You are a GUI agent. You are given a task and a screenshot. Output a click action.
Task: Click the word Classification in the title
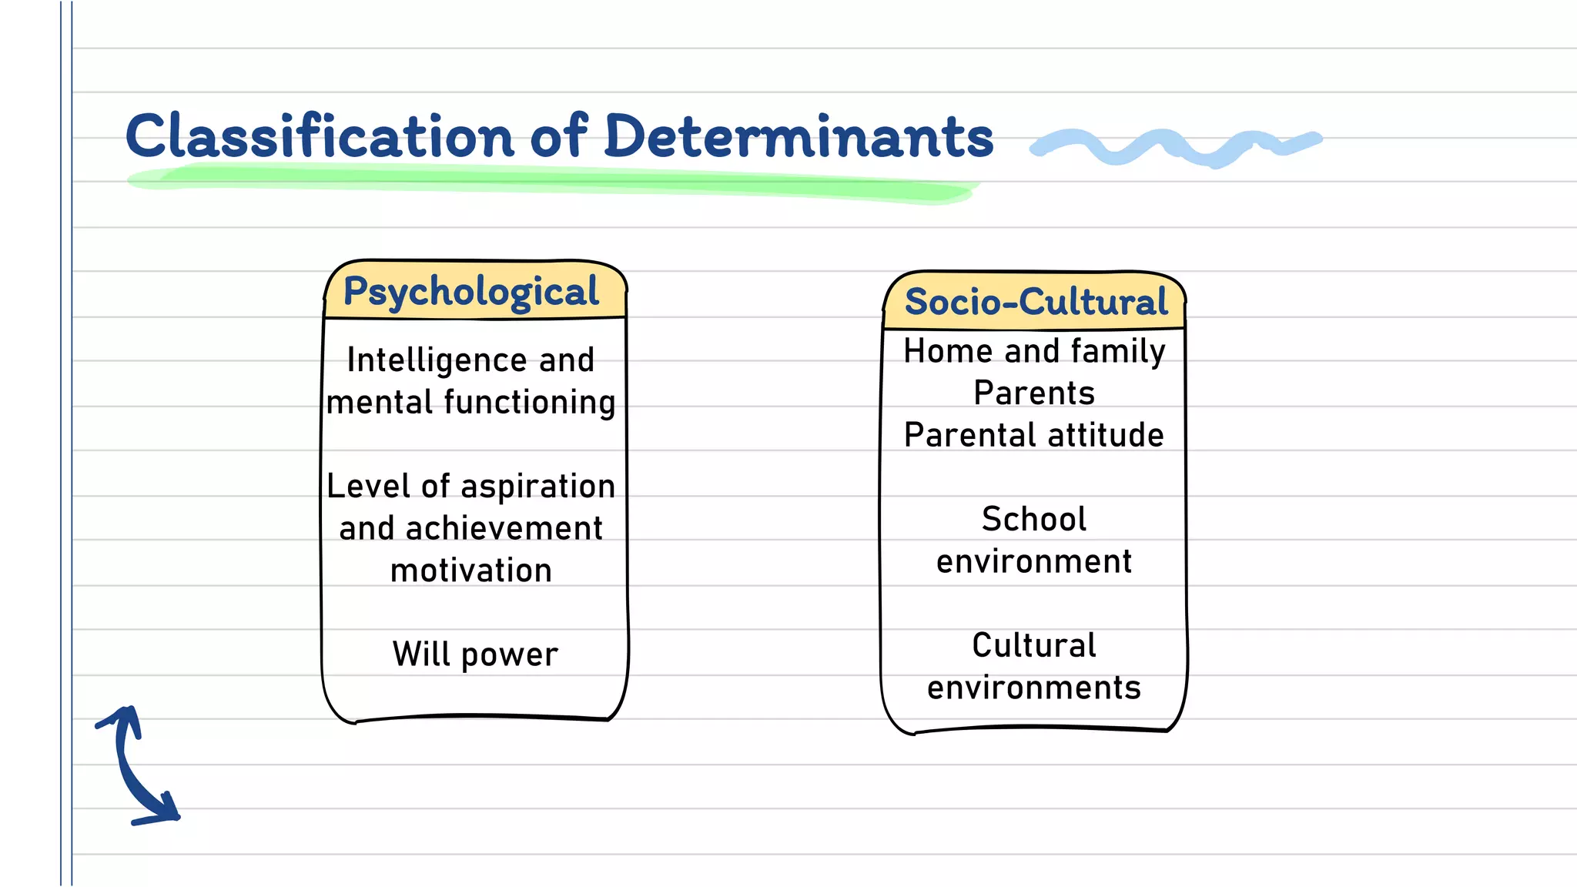[x=320, y=136]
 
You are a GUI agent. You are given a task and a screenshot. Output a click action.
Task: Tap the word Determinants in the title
[x=799, y=136]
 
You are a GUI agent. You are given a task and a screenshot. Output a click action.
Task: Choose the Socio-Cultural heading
[x=1036, y=301]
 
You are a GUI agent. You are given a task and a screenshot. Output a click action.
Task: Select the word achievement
[x=504, y=529]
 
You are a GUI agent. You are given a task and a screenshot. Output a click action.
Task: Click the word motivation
[x=471, y=571]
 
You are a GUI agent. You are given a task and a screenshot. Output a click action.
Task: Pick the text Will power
[x=475, y=654]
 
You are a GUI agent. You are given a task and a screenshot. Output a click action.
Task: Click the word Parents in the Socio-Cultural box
[x=1033, y=393]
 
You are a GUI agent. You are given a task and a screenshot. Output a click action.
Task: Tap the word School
[x=1033, y=520]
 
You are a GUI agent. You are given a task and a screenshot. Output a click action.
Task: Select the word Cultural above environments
[x=1033, y=645]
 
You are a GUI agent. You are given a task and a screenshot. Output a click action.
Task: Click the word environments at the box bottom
[x=1033, y=688]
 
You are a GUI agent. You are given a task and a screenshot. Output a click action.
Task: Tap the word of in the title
[x=559, y=136]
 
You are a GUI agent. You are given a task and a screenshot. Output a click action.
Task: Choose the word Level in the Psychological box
[x=368, y=487]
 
